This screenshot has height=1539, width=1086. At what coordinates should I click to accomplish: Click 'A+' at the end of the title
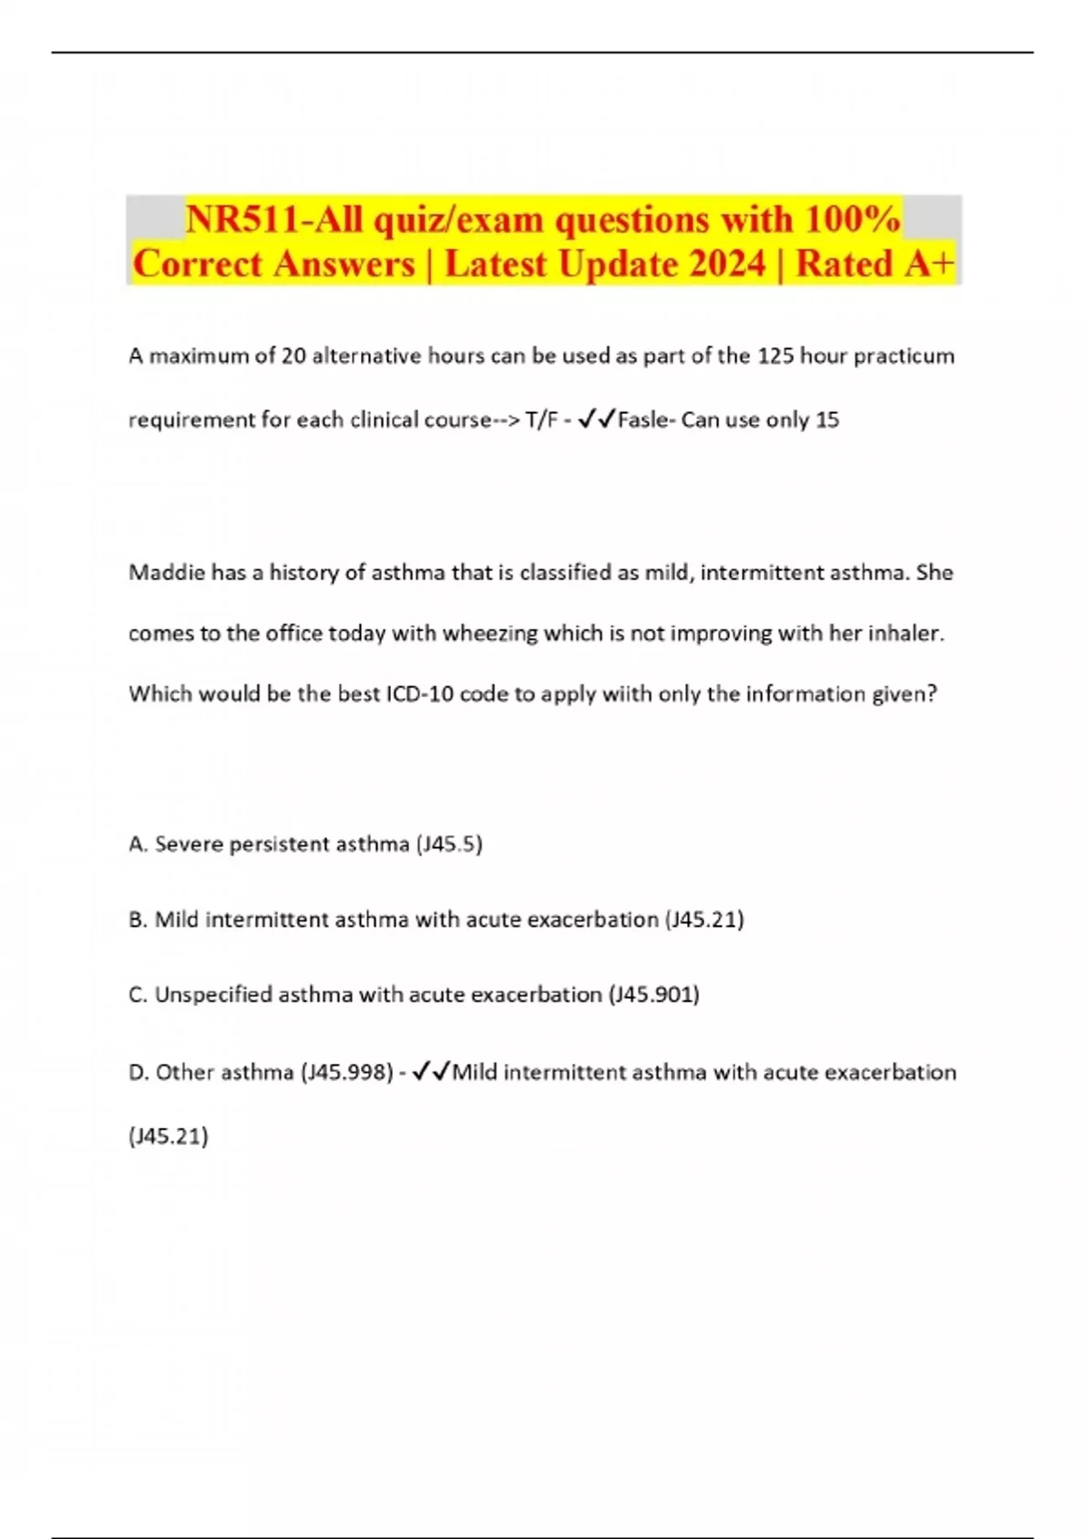[929, 264]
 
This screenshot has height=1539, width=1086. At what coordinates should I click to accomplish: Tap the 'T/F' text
[541, 420]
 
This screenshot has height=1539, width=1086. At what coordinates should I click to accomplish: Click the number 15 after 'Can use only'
[827, 420]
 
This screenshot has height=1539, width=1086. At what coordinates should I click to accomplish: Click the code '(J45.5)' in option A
[449, 845]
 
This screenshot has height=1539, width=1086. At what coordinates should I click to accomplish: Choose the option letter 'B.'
[138, 920]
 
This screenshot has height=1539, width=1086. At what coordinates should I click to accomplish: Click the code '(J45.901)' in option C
[653, 995]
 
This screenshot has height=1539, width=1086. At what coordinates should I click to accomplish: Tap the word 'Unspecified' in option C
[214, 995]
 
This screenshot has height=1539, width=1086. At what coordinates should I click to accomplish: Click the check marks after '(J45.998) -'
[431, 1073]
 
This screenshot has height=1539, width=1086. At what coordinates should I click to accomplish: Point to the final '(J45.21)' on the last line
[168, 1136]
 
